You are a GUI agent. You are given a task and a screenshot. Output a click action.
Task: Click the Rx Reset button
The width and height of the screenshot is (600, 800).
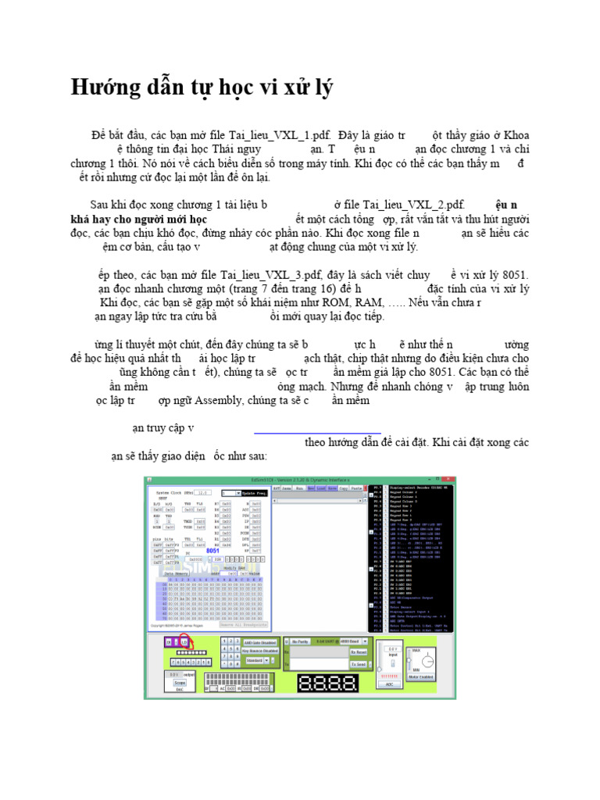point(358,652)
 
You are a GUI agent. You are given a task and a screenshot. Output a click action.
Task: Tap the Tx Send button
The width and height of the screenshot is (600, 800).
point(358,664)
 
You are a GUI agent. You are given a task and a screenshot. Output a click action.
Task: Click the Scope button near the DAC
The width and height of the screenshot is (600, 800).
point(180,683)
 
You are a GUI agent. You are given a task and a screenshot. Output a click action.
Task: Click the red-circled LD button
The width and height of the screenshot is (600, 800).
point(185,641)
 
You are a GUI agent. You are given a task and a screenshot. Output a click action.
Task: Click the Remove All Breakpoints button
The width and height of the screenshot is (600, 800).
point(244,623)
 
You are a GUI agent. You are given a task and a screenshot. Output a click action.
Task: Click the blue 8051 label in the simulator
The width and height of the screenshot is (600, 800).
point(213,550)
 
